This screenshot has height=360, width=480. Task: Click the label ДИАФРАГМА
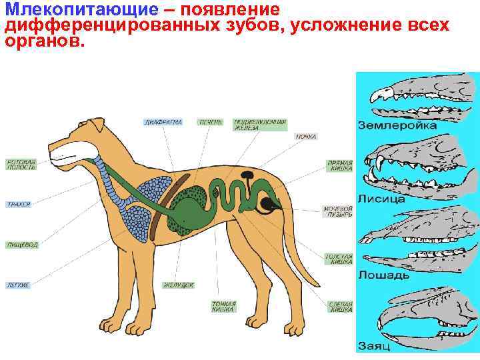[163, 122]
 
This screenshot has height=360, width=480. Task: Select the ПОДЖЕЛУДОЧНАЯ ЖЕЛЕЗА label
[260, 125]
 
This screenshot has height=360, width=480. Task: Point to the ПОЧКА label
[307, 136]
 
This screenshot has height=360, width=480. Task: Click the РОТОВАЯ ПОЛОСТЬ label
[21, 164]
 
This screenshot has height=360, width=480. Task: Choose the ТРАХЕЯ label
[19, 204]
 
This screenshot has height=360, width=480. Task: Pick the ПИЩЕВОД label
[22, 245]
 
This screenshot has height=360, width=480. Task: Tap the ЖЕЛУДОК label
[179, 285]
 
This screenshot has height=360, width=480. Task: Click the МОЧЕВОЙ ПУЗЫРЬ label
[338, 211]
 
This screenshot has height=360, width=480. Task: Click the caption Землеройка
[397, 125]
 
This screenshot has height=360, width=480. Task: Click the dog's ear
[99, 127]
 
